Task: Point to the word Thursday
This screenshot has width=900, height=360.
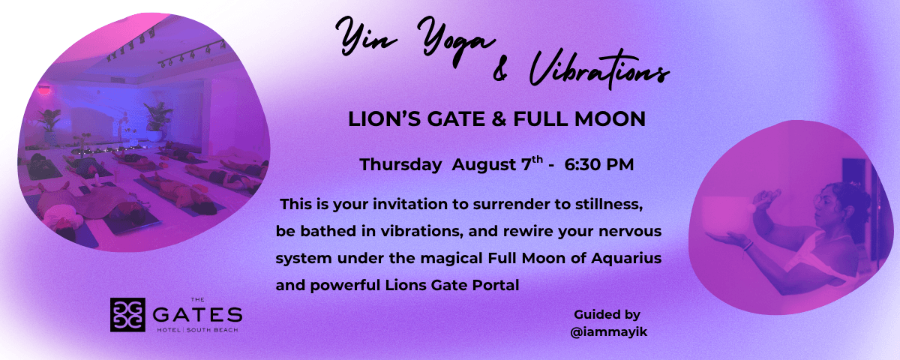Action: (x=400, y=165)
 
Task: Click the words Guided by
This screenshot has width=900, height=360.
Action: (x=607, y=315)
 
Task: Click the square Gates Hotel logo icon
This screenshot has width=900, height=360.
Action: (x=127, y=314)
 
